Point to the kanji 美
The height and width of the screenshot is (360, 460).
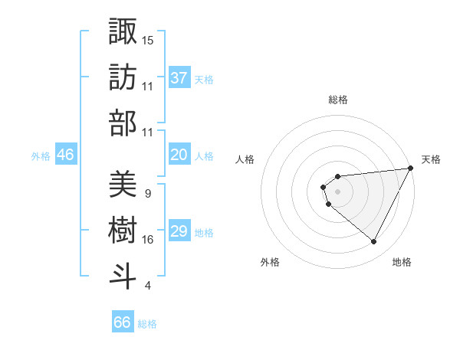point(123,184)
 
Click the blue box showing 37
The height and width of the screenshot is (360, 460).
point(179,77)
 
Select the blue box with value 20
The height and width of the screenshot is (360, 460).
point(179,155)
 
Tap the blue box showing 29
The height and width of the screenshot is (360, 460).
point(179,231)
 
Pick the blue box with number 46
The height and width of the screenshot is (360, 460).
point(66,155)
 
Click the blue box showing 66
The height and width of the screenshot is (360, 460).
point(123,322)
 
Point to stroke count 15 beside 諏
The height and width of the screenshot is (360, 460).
point(148,39)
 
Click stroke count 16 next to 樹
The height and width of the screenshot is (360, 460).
point(148,240)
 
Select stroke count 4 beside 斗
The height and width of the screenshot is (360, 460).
point(147,286)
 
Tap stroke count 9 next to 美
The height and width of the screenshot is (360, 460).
point(147,193)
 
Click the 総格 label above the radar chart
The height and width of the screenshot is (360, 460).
point(338,100)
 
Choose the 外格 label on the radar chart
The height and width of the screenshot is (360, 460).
point(270,262)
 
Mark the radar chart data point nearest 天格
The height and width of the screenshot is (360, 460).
point(411,169)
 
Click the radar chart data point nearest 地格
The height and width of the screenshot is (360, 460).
point(374,242)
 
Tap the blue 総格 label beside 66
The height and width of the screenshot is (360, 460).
point(147,324)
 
